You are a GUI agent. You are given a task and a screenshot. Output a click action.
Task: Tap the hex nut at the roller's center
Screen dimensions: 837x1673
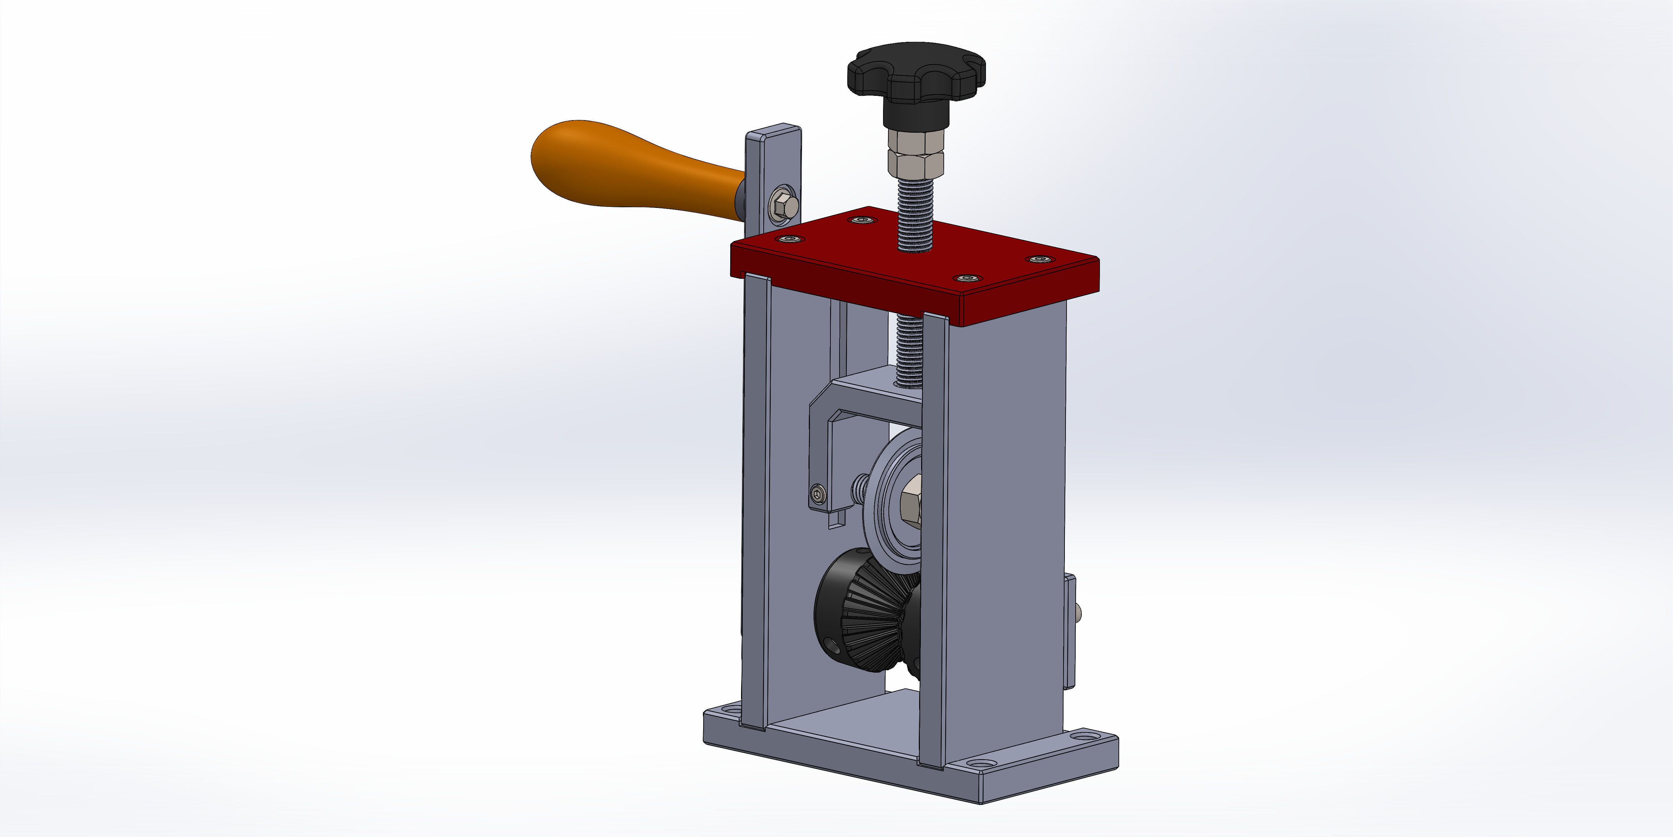tap(911, 499)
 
